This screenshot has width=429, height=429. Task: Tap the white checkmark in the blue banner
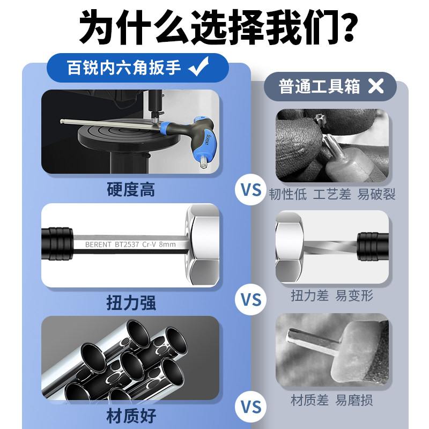pos(198,66)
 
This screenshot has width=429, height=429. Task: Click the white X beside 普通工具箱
pos(376,86)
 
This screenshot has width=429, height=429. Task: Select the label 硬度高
pos(131,189)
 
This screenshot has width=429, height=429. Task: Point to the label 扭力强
pos(131,302)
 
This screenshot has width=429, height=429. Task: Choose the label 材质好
pos(131,416)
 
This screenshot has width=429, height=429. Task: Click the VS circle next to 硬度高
pos(250,190)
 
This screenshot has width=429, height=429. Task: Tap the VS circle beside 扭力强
pos(250,299)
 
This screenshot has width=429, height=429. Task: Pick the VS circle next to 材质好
pos(250,406)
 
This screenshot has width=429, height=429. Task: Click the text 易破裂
pos(376,194)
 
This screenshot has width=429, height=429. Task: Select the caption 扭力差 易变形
pos(332,295)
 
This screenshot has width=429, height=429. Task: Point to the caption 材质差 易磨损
pos(332,400)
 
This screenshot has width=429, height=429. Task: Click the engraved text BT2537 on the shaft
pos(127,245)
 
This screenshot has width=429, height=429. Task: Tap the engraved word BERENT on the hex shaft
pos(98,245)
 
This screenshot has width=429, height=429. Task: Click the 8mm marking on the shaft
pos(167,245)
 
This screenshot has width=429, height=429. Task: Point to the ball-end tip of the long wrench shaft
pos(62,121)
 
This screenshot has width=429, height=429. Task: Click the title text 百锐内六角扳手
pos(124,68)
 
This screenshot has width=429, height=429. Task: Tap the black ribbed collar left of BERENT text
pos(57,243)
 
